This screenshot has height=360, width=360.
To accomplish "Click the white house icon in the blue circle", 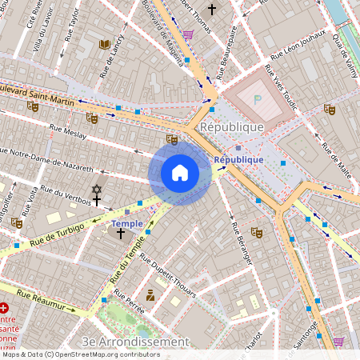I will (x=180, y=173).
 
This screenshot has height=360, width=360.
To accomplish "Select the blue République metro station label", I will (x=238, y=159).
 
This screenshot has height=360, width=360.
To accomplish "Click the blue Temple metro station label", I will (x=127, y=223).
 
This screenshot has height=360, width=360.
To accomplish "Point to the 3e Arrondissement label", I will (x=136, y=342).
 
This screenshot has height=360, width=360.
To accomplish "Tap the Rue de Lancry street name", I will (x=112, y=56).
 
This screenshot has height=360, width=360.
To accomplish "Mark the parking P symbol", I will (x=257, y=100).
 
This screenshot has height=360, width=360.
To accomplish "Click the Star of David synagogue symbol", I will (x=97, y=190).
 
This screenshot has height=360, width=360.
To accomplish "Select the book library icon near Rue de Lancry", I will (x=104, y=45).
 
